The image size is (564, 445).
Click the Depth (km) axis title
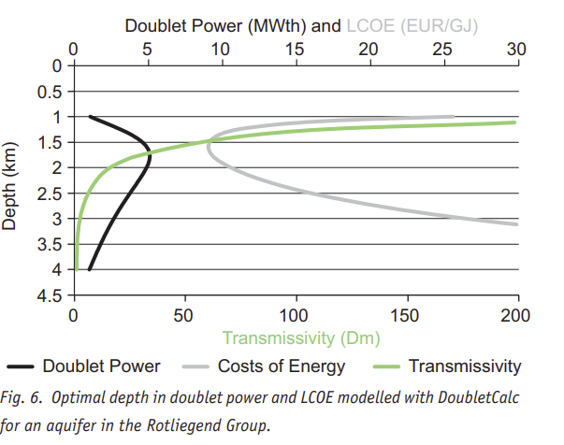[x=13, y=180]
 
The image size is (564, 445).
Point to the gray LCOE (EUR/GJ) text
[x=412, y=26]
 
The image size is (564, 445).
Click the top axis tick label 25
[x=441, y=49]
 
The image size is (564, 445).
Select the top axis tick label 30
[x=515, y=49]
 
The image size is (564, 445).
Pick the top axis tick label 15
[x=295, y=49]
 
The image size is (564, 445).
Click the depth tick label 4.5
[x=49, y=295]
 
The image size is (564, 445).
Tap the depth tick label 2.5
[x=49, y=194]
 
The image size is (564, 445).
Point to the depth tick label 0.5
[x=49, y=92]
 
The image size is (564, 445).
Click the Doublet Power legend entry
[x=101, y=366]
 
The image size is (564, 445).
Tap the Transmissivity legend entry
[x=464, y=366]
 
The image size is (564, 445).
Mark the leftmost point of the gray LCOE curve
[x=208, y=143]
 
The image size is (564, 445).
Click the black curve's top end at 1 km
[x=90, y=117]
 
